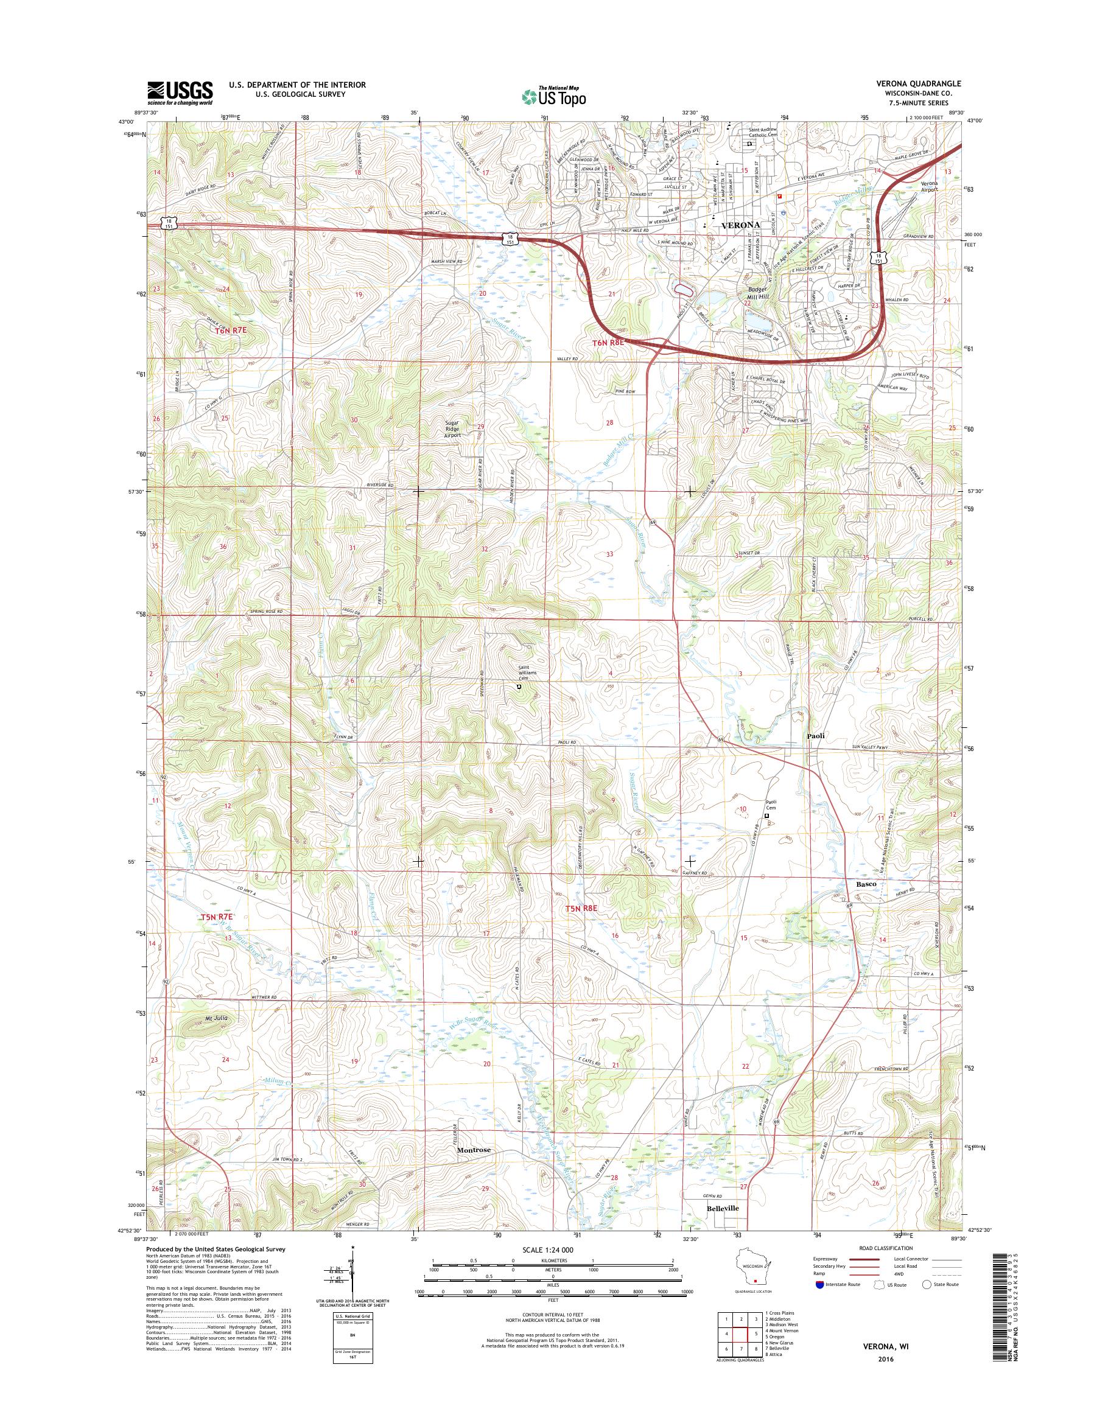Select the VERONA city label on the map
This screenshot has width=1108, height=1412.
pyautogui.click(x=740, y=225)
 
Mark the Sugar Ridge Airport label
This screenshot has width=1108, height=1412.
pyautogui.click(x=452, y=428)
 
